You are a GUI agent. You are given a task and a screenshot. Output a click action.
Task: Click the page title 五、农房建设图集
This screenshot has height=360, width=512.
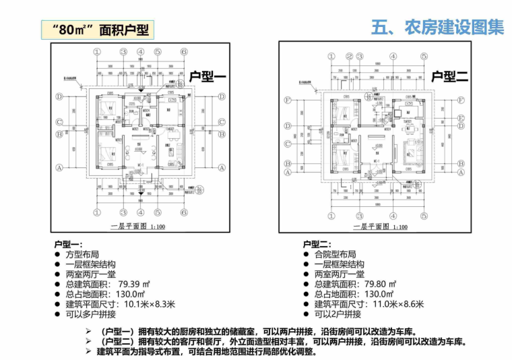437,28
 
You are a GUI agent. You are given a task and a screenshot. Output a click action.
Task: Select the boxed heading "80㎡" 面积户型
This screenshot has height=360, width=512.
94,30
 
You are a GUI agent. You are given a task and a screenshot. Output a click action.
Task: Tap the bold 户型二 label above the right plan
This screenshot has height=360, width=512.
449,77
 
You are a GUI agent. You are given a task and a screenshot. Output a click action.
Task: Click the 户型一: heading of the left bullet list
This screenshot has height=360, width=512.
68,244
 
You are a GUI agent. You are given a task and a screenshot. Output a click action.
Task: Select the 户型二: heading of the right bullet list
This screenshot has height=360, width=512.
317,244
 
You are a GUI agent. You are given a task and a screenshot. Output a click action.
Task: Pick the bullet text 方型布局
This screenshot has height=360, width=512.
82,254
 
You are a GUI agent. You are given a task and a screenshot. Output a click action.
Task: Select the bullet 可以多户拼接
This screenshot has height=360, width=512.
90,315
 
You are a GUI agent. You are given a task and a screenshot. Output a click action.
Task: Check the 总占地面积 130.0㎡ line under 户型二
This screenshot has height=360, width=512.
353,295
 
